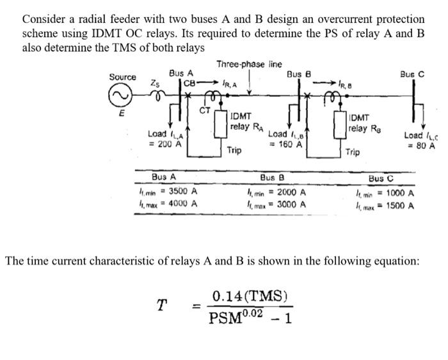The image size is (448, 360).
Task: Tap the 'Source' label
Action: [122, 77]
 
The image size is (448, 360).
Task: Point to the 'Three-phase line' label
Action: [249, 64]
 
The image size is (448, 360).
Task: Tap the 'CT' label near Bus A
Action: [205, 111]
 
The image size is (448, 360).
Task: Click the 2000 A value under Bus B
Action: [291, 192]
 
